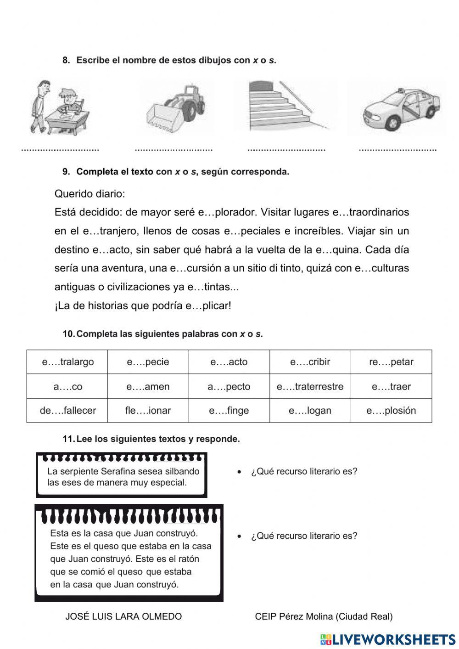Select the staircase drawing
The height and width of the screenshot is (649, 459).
click(287, 106)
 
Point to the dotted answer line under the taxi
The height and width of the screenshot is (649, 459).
click(397, 149)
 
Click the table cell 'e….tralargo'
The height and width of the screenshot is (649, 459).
click(67, 362)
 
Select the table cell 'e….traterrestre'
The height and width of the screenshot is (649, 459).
click(310, 387)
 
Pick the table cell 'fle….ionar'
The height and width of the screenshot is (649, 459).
click(148, 411)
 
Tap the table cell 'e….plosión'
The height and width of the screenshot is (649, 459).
click(391, 411)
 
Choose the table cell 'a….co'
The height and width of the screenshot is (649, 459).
click(67, 387)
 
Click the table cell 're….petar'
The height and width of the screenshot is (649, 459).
click(391, 362)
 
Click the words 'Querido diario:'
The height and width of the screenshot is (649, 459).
click(90, 194)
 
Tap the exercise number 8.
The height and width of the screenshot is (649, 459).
click(66, 60)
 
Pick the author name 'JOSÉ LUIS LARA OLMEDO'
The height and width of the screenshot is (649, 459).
click(123, 616)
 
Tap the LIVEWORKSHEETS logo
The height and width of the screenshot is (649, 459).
click(388, 639)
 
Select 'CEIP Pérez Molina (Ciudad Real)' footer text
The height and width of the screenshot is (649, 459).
click(324, 616)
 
